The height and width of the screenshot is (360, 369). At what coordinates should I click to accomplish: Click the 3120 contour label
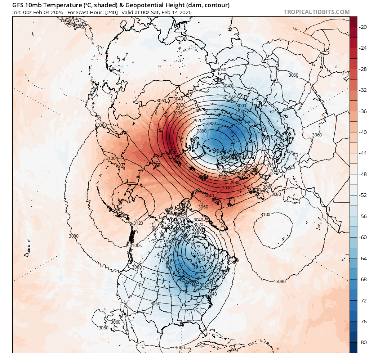[138, 223]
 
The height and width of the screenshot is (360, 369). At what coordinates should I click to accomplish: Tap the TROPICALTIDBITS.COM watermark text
[316, 12]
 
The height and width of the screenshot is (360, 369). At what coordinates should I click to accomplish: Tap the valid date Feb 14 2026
[177, 12]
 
